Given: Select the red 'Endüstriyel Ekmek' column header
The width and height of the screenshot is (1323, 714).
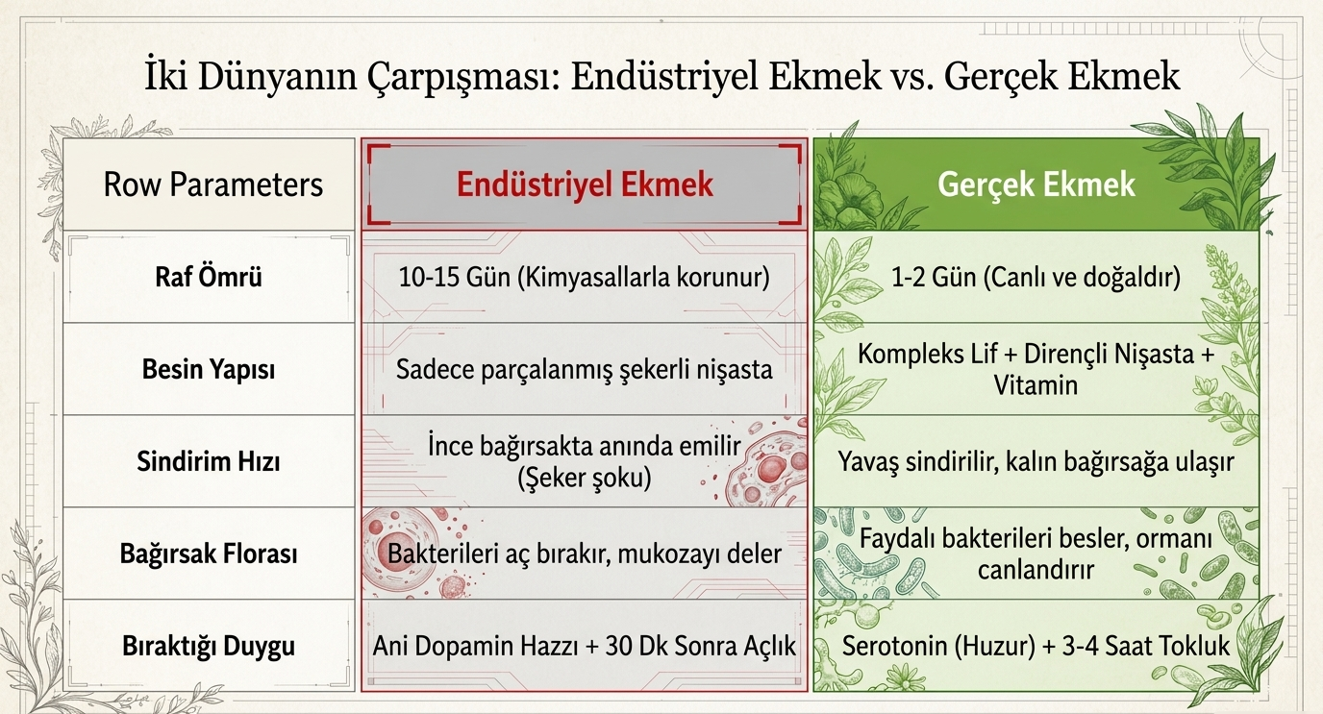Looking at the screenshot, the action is (585, 185).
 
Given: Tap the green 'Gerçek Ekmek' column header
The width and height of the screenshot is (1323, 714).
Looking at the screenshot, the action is (1036, 185).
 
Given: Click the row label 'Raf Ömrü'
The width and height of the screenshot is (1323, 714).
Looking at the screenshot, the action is (209, 276).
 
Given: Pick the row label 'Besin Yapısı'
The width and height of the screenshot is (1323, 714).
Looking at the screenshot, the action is (209, 369).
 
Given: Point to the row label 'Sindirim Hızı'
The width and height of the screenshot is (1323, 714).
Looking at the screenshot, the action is (209, 461).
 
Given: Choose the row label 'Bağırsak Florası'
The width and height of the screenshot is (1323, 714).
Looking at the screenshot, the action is (209, 554).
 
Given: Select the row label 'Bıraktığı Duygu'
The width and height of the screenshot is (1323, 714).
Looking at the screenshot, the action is (209, 646).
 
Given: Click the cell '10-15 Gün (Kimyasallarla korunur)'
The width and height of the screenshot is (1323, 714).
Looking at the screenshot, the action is (585, 277).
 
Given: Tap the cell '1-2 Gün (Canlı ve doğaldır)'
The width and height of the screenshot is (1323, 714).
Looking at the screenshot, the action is (1036, 277).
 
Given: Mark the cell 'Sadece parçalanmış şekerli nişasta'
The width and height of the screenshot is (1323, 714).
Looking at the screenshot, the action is (585, 369).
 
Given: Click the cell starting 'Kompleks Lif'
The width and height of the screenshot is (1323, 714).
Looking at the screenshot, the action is (1036, 369).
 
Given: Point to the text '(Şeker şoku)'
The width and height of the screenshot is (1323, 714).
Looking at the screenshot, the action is (585, 478).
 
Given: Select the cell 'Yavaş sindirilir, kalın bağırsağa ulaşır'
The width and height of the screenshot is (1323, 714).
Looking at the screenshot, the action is (1036, 461).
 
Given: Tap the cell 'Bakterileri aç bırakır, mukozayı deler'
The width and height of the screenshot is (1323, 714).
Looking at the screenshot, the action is (585, 554).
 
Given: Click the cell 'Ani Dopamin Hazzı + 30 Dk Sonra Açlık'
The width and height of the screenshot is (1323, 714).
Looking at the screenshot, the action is (585, 646).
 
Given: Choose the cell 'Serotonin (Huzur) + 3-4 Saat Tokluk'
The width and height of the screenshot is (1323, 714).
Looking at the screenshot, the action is (1036, 646).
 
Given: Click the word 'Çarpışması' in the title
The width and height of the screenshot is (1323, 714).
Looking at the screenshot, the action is (462, 77).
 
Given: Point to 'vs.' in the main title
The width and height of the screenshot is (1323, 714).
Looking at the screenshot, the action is (913, 78).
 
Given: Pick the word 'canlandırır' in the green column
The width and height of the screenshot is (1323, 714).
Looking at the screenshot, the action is (1036, 570).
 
